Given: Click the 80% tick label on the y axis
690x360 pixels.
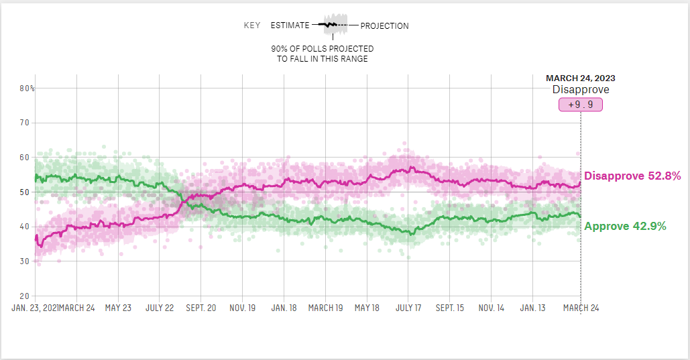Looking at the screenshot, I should click(x=27, y=88).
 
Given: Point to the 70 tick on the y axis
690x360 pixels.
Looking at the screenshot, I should click(x=25, y=123).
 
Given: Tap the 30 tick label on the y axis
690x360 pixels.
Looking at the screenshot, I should click(x=25, y=261).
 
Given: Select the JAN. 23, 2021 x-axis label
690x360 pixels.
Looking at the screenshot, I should click(x=35, y=308).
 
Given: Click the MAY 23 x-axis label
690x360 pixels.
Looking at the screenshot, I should click(x=117, y=308).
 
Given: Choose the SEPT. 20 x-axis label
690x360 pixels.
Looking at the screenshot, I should click(x=200, y=308).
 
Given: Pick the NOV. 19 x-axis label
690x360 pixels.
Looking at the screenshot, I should click(x=242, y=308).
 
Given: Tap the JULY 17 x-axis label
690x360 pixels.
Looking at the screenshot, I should click(x=408, y=308).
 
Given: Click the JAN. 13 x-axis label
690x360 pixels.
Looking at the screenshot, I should click(x=533, y=308).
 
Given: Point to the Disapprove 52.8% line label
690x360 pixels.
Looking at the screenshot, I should click(x=632, y=176).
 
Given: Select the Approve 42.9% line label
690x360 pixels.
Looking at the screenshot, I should click(x=625, y=227).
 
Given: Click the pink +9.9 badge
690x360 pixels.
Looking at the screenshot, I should click(x=581, y=105).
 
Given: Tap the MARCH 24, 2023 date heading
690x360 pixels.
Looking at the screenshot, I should click(x=580, y=78).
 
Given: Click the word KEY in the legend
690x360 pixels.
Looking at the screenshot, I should click(x=252, y=26).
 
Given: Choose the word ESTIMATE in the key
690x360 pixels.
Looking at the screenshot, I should click(x=290, y=26).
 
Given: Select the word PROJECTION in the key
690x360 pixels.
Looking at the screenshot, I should click(x=384, y=26).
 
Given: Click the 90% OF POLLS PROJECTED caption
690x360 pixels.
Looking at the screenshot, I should click(x=323, y=49).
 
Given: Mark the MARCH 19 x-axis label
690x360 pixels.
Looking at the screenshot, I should click(x=325, y=308).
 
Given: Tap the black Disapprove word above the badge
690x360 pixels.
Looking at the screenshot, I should click(x=581, y=90).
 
